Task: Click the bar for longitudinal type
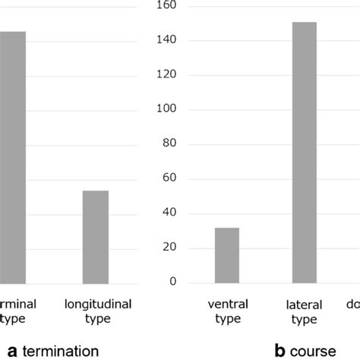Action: pos(96,236)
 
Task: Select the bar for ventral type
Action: pos(227,255)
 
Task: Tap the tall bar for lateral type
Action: pos(305,152)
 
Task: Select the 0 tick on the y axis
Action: pos(172,283)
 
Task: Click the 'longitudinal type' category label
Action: pos(98,311)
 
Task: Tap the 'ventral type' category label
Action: pos(227,311)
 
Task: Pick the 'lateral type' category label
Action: pos(304,312)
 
